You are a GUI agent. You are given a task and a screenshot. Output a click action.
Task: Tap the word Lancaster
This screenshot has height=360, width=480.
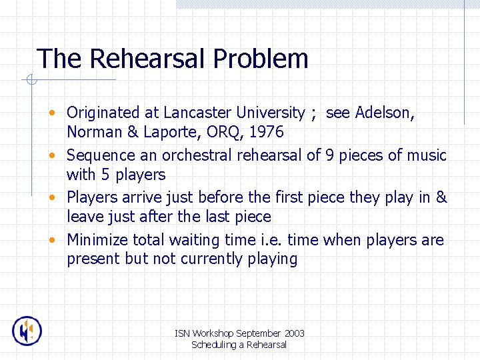coord(197,113)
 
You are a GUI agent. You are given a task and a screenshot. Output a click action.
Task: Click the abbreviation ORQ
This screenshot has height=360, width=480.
coord(227,132)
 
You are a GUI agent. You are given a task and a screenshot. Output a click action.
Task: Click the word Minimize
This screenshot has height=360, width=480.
coord(97,239)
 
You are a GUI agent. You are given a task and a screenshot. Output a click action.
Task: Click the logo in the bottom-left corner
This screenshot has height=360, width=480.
coord(27,331)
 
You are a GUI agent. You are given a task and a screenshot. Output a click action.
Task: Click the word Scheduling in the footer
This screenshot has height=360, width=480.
coord(213,345)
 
